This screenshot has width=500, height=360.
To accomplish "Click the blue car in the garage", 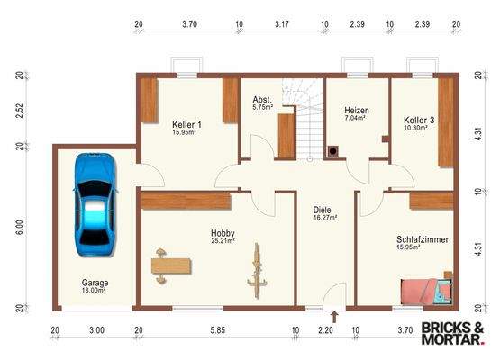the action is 95,204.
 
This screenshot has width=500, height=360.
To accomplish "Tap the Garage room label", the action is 95,283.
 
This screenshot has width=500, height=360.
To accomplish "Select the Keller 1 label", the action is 186,124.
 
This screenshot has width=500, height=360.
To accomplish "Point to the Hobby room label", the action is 223,233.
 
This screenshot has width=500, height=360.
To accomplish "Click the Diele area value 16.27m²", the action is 325,218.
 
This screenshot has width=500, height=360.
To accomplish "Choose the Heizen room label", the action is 357,111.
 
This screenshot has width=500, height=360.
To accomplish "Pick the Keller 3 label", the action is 419,121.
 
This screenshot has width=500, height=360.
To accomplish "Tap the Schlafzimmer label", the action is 423,239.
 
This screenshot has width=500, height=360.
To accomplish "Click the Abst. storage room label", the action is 262,99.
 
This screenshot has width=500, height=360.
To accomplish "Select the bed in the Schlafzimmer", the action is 426,292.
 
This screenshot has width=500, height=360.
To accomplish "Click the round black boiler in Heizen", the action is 333,151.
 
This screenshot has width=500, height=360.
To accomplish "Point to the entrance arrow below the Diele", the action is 334,317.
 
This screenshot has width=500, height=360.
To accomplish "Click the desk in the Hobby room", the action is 171,266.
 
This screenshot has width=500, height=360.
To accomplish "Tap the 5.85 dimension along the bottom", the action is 217,330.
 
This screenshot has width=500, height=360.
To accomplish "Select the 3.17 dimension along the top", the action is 282,24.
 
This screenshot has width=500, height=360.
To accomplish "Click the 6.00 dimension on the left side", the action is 20,228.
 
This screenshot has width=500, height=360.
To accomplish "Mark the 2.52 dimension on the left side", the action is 20,110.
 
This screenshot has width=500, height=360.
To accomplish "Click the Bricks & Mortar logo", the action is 453,333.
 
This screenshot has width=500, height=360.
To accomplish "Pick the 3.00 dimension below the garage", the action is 96,330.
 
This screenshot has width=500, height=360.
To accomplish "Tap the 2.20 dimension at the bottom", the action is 325,330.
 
